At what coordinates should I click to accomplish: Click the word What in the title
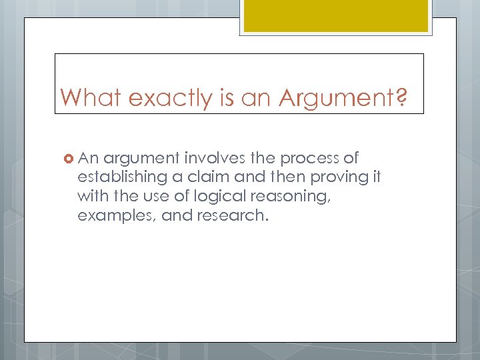point(91,98)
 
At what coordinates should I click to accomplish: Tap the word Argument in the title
point(336,98)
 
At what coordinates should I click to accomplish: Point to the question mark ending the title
point(401,98)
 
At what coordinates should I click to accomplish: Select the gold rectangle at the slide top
point(336,15)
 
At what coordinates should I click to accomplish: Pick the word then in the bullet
point(273,178)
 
